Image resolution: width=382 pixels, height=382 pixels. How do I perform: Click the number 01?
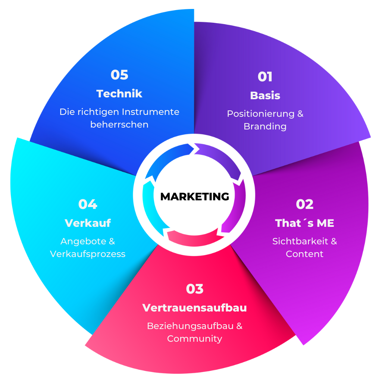tap(265, 77)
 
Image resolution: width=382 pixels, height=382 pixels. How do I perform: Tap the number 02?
tap(305, 204)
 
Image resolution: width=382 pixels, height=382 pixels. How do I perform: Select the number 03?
tap(195, 289)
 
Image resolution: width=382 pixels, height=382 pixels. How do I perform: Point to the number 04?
tap(88, 204)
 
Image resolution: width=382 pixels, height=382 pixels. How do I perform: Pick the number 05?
tap(119, 75)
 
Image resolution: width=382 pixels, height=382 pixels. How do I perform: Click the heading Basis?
tap(265, 95)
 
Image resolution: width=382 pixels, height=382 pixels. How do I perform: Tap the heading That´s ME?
tap(304, 223)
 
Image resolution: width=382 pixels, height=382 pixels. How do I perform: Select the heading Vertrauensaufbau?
tap(194, 308)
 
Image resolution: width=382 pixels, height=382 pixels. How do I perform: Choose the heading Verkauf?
tap(88, 223)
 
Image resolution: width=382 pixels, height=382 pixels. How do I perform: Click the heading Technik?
tap(119, 94)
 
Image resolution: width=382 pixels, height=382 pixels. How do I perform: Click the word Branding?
tap(265, 126)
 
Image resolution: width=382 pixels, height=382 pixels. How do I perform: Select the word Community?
tap(194, 339)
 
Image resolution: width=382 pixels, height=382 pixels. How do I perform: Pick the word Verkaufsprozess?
tap(88, 254)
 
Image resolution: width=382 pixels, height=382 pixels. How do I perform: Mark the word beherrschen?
tap(119, 125)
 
